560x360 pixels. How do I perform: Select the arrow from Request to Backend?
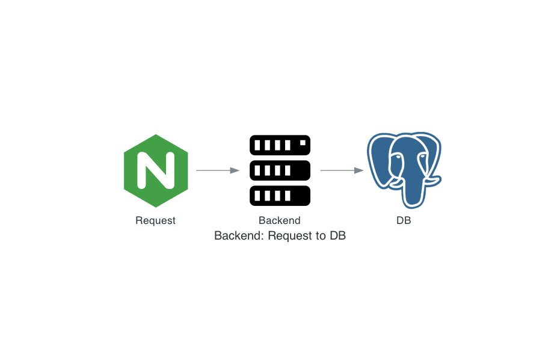coord(217,170)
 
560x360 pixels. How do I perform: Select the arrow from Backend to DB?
coord(340,170)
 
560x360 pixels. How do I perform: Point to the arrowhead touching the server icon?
coord(235,170)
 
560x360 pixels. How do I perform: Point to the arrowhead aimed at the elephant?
coord(359,170)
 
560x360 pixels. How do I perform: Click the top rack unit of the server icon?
coord(280,144)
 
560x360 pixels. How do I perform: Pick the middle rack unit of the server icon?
coord(280,170)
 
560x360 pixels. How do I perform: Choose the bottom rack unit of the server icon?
coord(280,196)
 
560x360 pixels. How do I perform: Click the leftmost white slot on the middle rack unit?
coord(257,170)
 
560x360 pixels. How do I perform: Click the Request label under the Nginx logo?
coord(156,220)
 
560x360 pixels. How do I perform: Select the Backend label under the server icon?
coord(280,220)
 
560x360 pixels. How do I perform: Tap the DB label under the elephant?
coord(404,220)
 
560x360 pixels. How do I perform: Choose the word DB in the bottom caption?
coord(337,235)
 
